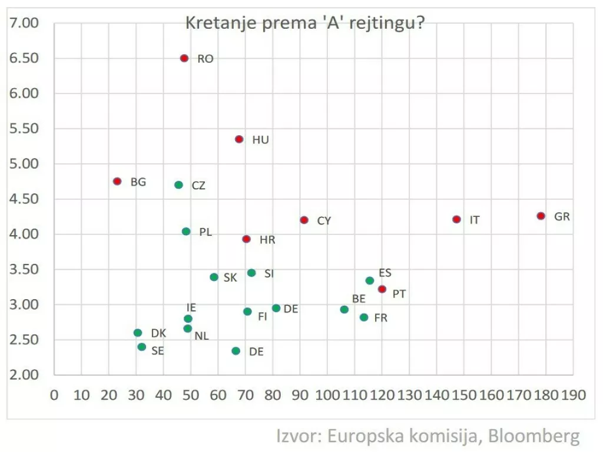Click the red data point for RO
(x=184, y=58)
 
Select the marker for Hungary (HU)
(x=239, y=139)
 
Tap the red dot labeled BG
(x=117, y=182)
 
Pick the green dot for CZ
(x=179, y=185)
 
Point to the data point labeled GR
(x=541, y=216)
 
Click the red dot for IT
(x=456, y=219)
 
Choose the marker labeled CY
(x=304, y=220)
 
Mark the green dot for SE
(x=142, y=347)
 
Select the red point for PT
(x=382, y=289)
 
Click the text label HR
(x=267, y=240)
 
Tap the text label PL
(x=206, y=232)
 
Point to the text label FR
(x=381, y=318)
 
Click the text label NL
(x=202, y=336)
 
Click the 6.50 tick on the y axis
(x=24, y=58)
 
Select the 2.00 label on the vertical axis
(x=24, y=375)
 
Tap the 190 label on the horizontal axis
(x=573, y=395)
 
